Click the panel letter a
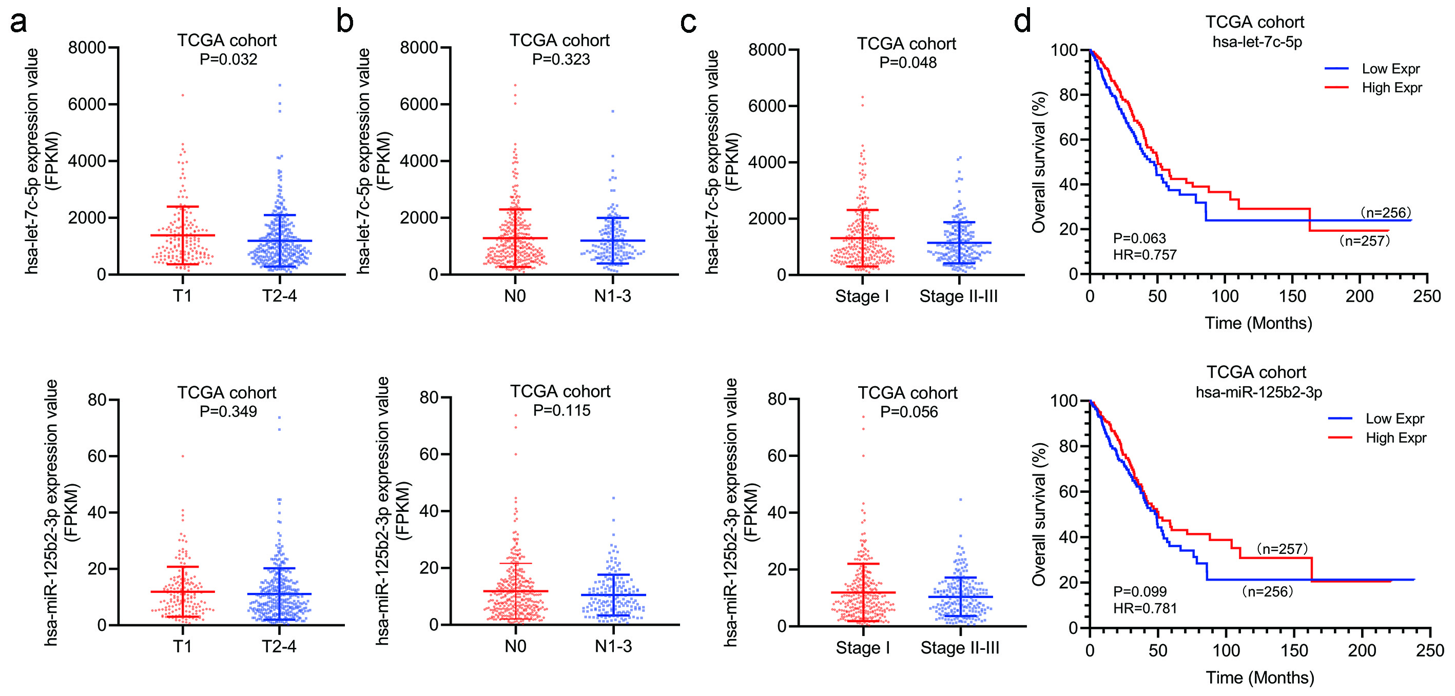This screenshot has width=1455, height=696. point(18,23)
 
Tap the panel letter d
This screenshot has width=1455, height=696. point(1022,22)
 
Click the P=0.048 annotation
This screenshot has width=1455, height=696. point(908,62)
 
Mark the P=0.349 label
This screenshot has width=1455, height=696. point(228,411)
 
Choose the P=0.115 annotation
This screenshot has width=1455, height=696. point(561,410)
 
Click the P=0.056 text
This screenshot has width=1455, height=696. point(909,411)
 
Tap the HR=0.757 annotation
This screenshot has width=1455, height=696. point(1144,254)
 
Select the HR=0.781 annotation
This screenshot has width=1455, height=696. point(1145,608)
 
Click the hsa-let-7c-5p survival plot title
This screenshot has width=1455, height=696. point(1257,42)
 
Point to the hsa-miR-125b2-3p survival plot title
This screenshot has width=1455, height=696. point(1258,392)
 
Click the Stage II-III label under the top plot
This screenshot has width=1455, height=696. point(958,296)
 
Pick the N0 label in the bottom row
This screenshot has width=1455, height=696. point(515,646)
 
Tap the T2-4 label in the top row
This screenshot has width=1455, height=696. point(279,295)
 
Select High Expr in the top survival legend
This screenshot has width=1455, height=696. point(1392,88)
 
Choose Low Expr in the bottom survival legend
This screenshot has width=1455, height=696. point(1394,419)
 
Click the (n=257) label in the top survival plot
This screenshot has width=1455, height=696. point(1364,241)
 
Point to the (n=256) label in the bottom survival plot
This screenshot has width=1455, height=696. point(1267,591)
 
